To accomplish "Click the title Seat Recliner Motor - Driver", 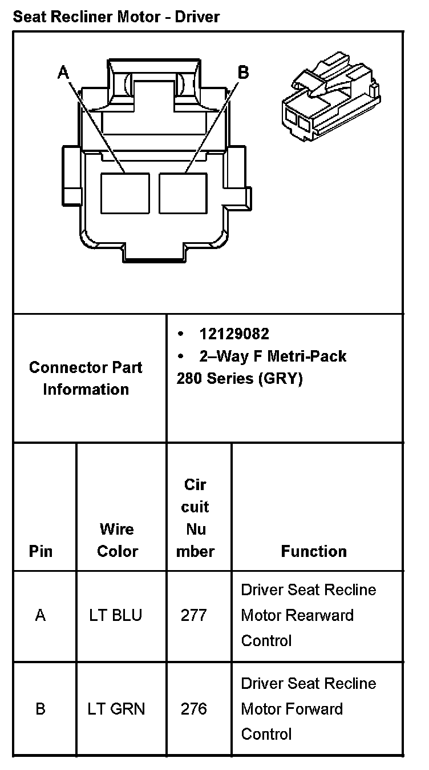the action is tap(116, 17).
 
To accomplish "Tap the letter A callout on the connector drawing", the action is tap(63, 72).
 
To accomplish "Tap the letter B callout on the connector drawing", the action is tap(243, 72).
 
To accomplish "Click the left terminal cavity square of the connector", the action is tap(125, 193).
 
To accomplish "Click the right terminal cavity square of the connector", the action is tap(183, 193).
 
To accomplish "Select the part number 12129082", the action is tap(234, 334).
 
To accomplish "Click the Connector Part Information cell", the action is tap(86, 378).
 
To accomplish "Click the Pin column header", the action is tap(41, 551).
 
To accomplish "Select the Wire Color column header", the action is tap(117, 540).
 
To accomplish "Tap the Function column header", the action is tap(314, 551).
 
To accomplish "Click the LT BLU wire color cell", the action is tap(116, 615).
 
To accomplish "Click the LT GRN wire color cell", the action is tap(116, 709).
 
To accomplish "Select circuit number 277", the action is tap(194, 615).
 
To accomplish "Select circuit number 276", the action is tap(194, 709).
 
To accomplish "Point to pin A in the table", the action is tap(41, 615).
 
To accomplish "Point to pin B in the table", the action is tap(41, 709).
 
